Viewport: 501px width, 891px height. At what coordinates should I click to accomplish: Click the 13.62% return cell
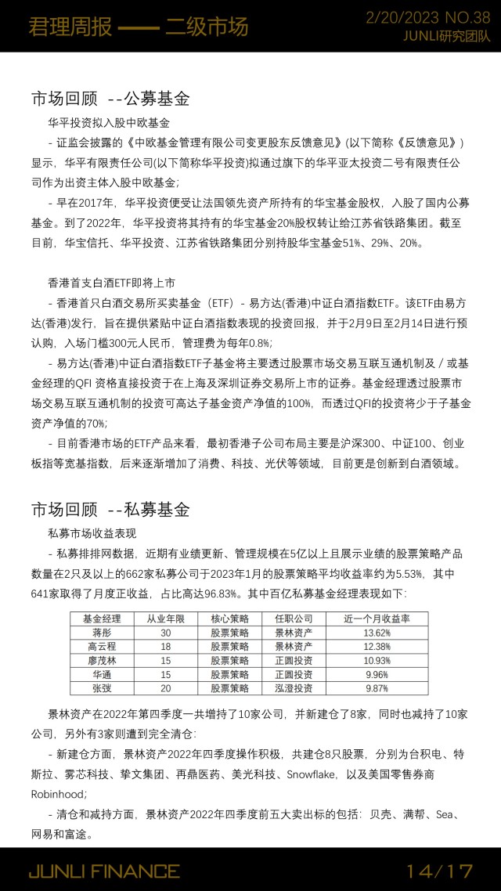(377, 633)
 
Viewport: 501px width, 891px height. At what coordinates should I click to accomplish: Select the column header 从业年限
(165, 618)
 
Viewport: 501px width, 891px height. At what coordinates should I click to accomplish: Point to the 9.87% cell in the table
(377, 687)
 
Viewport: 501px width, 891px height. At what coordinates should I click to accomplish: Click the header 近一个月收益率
(377, 618)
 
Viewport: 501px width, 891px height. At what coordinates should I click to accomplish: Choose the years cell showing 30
(165, 633)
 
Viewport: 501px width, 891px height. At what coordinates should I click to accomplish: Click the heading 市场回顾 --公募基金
(110, 99)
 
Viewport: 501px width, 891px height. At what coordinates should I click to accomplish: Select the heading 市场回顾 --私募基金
(110, 510)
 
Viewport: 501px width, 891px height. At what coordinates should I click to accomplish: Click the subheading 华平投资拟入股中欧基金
(109, 123)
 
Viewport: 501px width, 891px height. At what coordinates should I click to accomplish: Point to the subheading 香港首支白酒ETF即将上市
(111, 281)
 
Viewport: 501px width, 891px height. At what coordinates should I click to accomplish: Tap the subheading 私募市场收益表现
(92, 534)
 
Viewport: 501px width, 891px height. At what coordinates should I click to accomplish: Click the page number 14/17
(440, 871)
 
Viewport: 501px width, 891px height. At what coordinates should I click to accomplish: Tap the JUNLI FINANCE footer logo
(104, 871)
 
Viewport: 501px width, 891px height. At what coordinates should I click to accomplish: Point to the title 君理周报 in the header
(61, 27)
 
